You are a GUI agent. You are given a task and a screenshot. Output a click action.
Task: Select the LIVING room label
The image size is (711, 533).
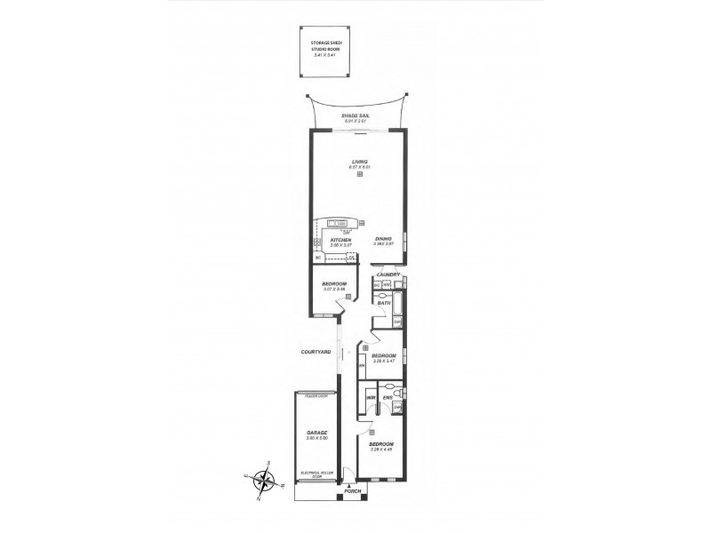coord(359,162)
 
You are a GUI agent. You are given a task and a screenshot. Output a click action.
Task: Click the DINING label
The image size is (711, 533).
coord(383,239)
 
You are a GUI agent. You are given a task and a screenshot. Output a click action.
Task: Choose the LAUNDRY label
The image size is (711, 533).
coord(387,274)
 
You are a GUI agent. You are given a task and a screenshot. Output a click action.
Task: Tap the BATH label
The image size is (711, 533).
coord(384,304)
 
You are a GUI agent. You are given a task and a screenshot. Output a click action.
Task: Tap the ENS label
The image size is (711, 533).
coord(387,397)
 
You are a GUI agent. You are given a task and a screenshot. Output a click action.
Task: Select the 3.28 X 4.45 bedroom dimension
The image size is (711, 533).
coord(381,449)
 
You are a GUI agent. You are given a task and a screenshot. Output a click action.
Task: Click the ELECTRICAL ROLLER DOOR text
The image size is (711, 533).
coord(316,473)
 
